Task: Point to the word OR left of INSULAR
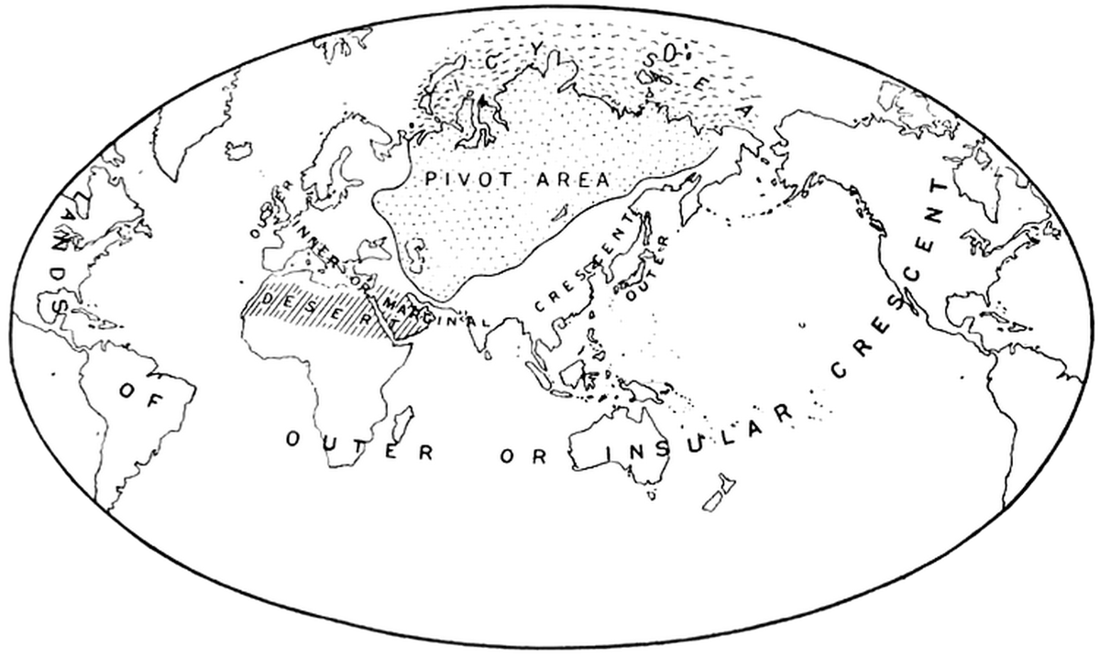pos(527,455)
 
